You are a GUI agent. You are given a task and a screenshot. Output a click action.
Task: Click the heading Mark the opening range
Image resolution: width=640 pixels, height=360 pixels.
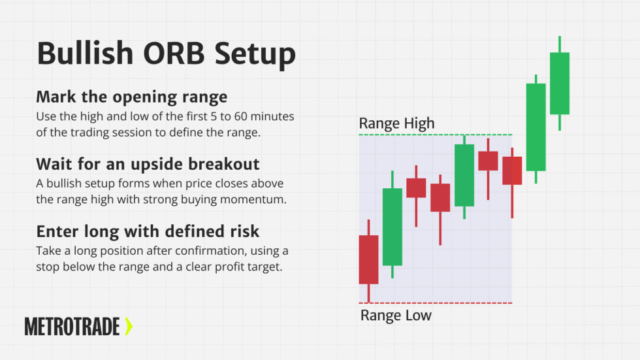(x=132, y=97)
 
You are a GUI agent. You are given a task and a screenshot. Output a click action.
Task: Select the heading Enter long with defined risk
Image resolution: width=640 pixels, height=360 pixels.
(x=148, y=231)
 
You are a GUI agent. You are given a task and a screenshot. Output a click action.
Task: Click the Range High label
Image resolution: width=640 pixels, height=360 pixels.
(x=396, y=123)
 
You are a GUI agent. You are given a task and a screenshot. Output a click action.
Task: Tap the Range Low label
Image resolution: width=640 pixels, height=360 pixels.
(x=396, y=316)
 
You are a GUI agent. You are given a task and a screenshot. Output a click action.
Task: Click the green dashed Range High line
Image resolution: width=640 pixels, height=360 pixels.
(x=435, y=135)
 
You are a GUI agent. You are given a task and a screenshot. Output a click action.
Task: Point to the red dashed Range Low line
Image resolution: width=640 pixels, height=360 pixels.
(x=435, y=303)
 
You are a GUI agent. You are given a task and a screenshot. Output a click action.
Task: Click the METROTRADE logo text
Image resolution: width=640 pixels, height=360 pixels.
(x=72, y=326)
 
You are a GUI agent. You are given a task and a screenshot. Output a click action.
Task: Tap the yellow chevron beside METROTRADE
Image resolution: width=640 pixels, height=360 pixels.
(x=129, y=326)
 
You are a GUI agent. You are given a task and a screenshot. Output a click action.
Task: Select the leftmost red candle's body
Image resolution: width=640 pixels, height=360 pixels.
(x=368, y=259)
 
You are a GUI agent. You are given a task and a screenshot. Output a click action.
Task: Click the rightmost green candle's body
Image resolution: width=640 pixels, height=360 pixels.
(x=560, y=84)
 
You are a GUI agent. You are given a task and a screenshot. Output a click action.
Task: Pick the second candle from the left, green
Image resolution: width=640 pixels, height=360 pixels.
(x=392, y=227)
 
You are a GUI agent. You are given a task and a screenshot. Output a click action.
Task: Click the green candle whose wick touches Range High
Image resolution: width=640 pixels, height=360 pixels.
(x=464, y=175)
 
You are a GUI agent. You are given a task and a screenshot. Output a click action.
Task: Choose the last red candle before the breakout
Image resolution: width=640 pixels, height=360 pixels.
(x=512, y=171)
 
